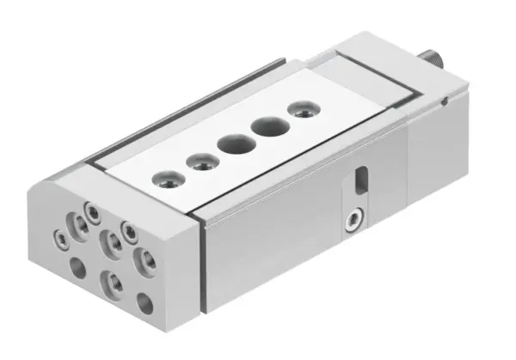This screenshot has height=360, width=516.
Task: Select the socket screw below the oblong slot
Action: click(x=352, y=223)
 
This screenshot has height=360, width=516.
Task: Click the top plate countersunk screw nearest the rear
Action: click(x=301, y=110)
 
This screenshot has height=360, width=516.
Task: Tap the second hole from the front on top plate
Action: click(x=200, y=161)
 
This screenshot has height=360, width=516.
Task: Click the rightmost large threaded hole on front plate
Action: click(x=143, y=259)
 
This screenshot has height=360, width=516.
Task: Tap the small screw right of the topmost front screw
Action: click(x=128, y=229)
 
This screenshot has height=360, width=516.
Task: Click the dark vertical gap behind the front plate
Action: click(x=203, y=266)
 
